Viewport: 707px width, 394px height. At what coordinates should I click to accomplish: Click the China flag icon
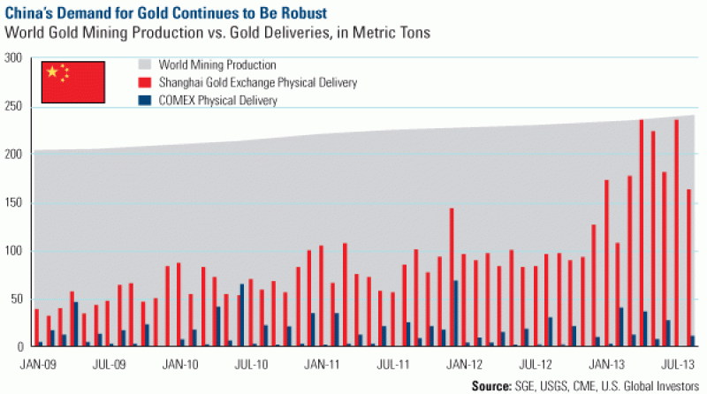(74, 79)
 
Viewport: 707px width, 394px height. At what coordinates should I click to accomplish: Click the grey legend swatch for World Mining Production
(144, 64)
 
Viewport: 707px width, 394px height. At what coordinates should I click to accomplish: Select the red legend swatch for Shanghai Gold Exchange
(144, 82)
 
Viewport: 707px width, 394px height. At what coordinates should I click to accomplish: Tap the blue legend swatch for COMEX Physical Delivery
(144, 101)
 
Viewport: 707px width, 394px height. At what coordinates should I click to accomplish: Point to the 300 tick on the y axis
(12, 58)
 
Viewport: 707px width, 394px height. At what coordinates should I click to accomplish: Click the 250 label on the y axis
(12, 107)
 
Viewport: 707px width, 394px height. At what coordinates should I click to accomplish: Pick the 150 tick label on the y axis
(12, 202)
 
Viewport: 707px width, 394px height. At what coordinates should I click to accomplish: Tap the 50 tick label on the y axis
(15, 299)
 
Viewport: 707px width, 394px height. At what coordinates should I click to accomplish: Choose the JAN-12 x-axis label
(464, 363)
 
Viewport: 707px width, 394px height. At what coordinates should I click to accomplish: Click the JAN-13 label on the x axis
(606, 363)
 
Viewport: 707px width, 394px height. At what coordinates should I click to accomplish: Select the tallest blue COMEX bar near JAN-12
(456, 314)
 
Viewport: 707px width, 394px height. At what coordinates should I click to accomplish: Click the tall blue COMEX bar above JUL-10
(242, 315)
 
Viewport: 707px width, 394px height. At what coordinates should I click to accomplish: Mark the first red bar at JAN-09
(36, 328)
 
